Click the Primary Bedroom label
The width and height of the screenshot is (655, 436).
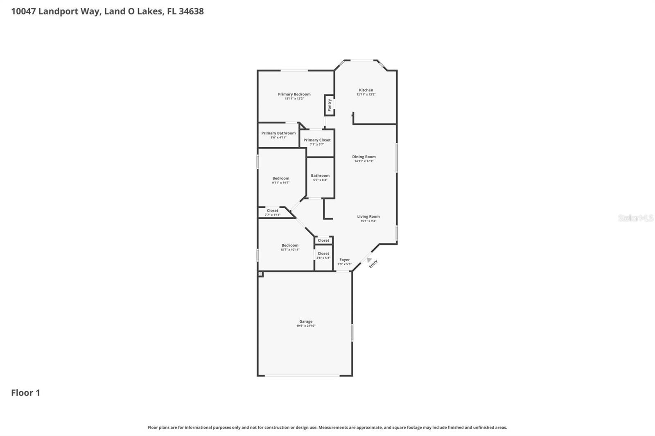click(294, 94)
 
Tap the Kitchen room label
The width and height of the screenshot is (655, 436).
click(366, 90)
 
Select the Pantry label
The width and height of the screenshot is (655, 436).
click(329, 105)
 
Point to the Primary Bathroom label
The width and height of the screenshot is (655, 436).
click(278, 133)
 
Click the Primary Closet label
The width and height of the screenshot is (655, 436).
click(317, 140)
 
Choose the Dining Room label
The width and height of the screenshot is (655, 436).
click(364, 157)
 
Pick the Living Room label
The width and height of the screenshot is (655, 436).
click(368, 216)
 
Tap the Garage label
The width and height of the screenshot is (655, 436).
click(306, 321)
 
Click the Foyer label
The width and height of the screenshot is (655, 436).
click(344, 260)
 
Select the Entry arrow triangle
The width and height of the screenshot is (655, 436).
click(369, 260)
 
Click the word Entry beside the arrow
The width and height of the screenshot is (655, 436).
click(373, 264)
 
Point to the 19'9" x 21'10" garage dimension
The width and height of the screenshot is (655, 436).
click(306, 326)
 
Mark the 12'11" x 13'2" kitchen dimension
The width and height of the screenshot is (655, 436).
click(366, 94)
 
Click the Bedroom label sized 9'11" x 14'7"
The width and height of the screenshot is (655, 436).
click(281, 178)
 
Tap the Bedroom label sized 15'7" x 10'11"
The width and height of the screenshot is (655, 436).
click(290, 245)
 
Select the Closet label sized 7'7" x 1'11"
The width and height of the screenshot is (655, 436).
click(272, 211)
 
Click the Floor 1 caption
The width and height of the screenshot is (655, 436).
click(25, 393)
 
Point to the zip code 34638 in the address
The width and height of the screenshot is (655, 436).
click(191, 11)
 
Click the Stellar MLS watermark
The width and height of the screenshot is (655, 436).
click(635, 218)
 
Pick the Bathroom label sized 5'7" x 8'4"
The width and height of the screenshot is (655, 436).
click(320, 175)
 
